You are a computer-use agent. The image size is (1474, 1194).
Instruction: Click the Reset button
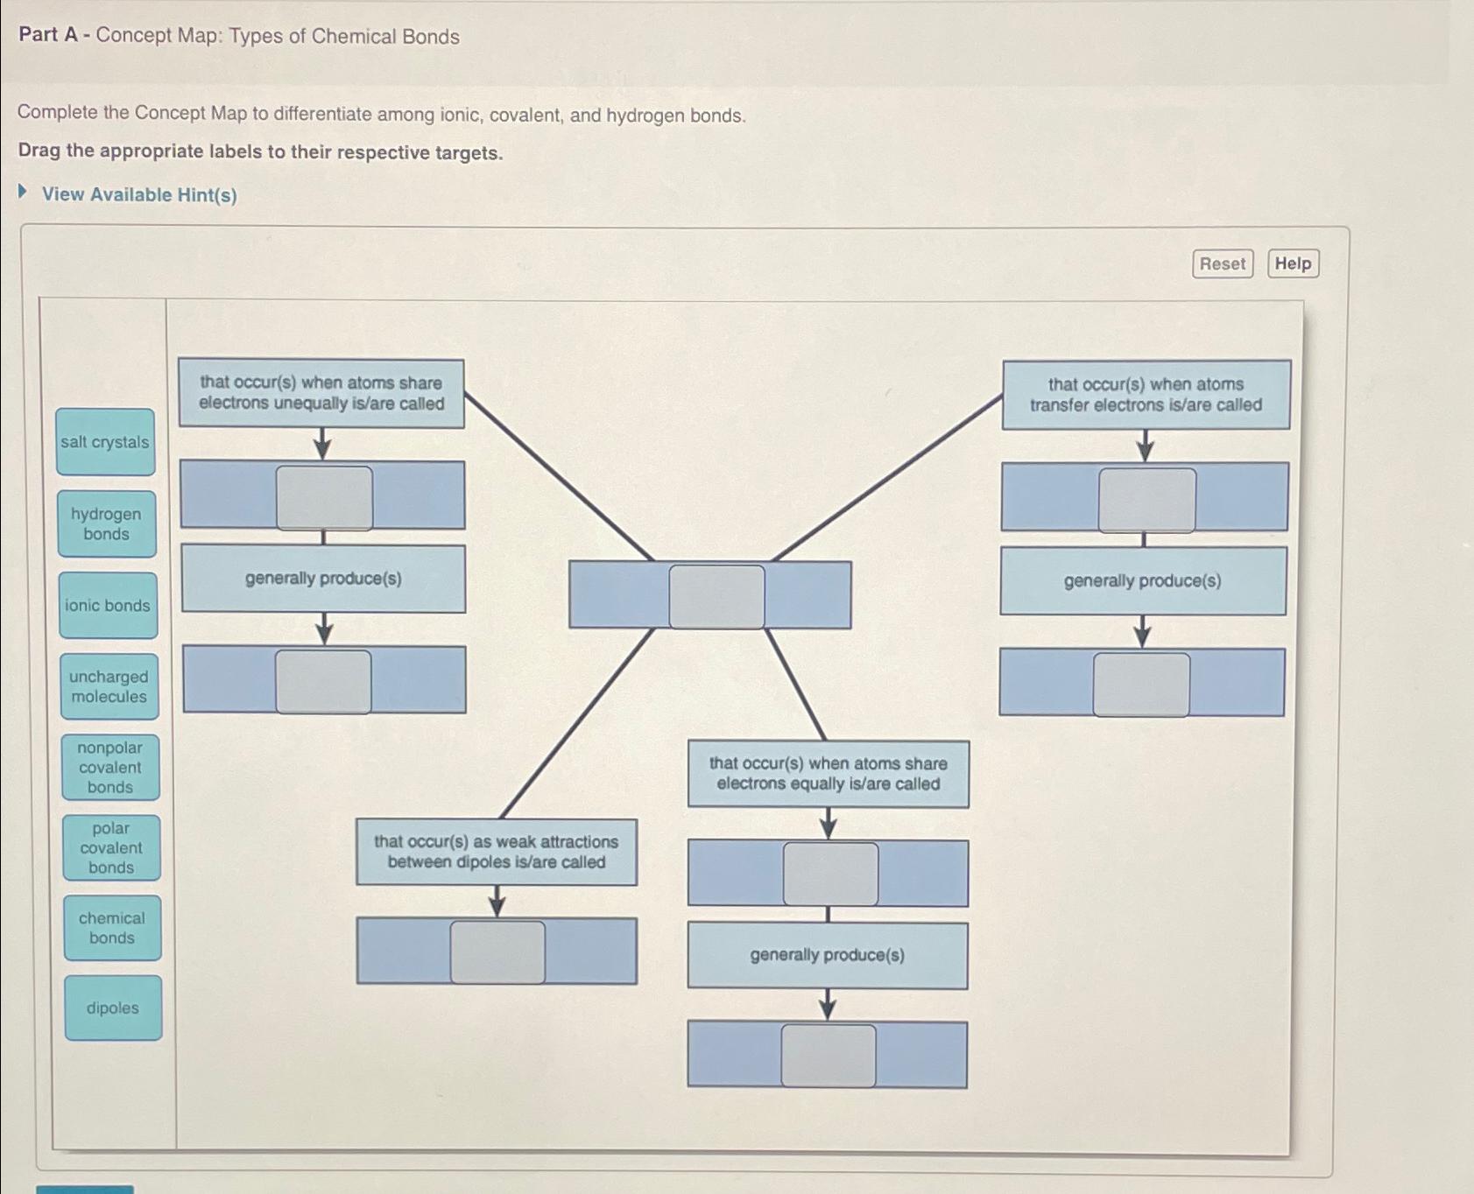(x=1222, y=263)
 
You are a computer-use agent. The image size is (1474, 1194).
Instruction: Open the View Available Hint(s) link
(x=138, y=194)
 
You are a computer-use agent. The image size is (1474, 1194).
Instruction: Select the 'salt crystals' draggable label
(x=105, y=442)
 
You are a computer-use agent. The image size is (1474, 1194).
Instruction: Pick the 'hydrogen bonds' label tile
(x=107, y=524)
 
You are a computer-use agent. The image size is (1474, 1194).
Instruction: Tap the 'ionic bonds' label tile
(x=108, y=606)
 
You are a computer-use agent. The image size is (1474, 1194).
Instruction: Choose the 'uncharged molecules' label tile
(x=109, y=687)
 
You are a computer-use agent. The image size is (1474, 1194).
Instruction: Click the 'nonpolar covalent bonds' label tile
(x=110, y=768)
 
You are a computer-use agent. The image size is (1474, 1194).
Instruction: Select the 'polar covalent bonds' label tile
(x=111, y=848)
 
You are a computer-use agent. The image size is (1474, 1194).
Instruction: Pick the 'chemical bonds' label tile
(x=112, y=928)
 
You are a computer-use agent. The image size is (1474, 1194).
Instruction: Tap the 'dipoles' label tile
(x=113, y=1008)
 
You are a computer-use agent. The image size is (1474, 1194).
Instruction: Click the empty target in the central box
(x=716, y=596)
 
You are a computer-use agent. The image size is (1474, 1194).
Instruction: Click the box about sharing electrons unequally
(x=321, y=393)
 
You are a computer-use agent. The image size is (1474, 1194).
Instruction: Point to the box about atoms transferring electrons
(x=1146, y=395)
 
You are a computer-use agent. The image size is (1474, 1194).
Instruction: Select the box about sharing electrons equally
(x=828, y=774)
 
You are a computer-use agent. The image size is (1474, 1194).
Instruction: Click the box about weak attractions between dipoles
(x=497, y=852)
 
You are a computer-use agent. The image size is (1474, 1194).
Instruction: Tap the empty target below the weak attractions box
(x=497, y=952)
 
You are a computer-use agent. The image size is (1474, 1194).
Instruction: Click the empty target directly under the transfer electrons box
(x=1146, y=500)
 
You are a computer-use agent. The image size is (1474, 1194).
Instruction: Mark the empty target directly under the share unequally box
(x=324, y=497)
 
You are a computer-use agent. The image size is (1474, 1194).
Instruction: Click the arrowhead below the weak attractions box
(x=497, y=907)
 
